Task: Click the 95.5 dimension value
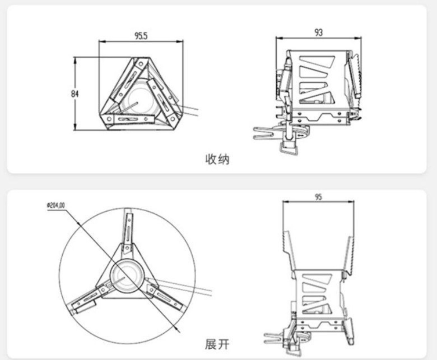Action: [141, 36]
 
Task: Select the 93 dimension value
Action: [318, 33]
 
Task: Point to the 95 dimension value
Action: [318, 197]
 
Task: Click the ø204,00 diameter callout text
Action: [56, 205]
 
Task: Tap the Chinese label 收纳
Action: [217, 159]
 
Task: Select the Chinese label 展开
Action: [217, 344]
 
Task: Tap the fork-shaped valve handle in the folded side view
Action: [265, 133]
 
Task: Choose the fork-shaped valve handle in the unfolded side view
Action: [274, 338]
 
